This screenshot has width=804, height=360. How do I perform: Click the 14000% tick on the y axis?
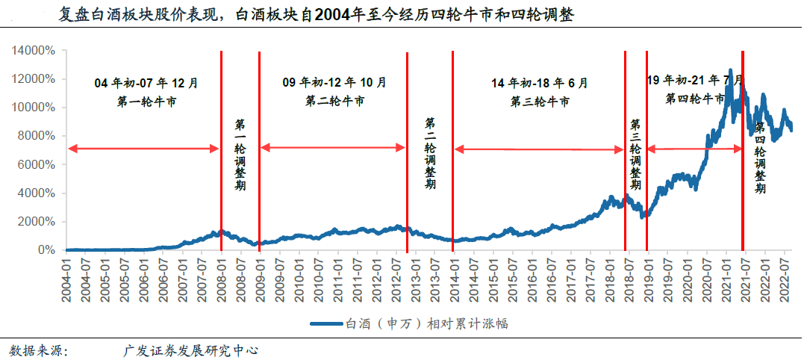[33, 51]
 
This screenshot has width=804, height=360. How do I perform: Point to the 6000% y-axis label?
[36, 164]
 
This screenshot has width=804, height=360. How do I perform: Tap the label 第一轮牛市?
[146, 101]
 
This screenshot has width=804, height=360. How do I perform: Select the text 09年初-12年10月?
[334, 82]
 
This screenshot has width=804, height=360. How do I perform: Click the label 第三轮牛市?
[540, 101]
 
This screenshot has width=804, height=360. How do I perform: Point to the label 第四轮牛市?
[695, 98]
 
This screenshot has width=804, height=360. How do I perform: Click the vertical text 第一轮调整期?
[240, 154]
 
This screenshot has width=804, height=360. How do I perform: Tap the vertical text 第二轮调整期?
[431, 152]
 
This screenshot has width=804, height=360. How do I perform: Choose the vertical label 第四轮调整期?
[760, 158]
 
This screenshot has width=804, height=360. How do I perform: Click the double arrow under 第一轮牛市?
[143, 149]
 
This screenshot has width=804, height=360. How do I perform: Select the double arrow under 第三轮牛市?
[539, 150]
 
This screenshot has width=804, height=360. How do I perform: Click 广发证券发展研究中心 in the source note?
[190, 349]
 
